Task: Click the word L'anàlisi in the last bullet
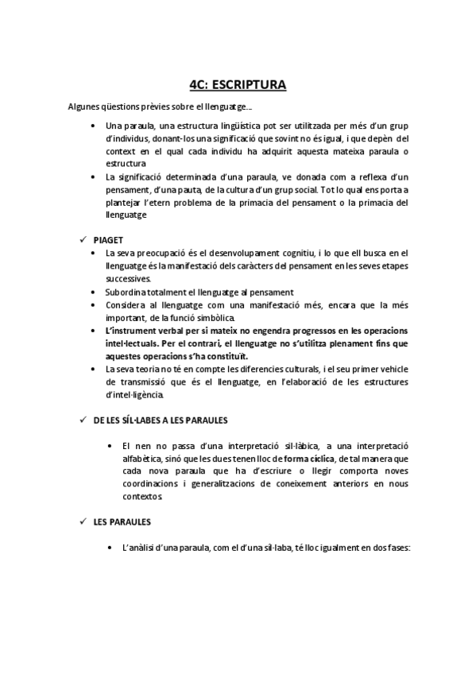[x=140, y=548]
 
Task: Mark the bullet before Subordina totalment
[x=95, y=292]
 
